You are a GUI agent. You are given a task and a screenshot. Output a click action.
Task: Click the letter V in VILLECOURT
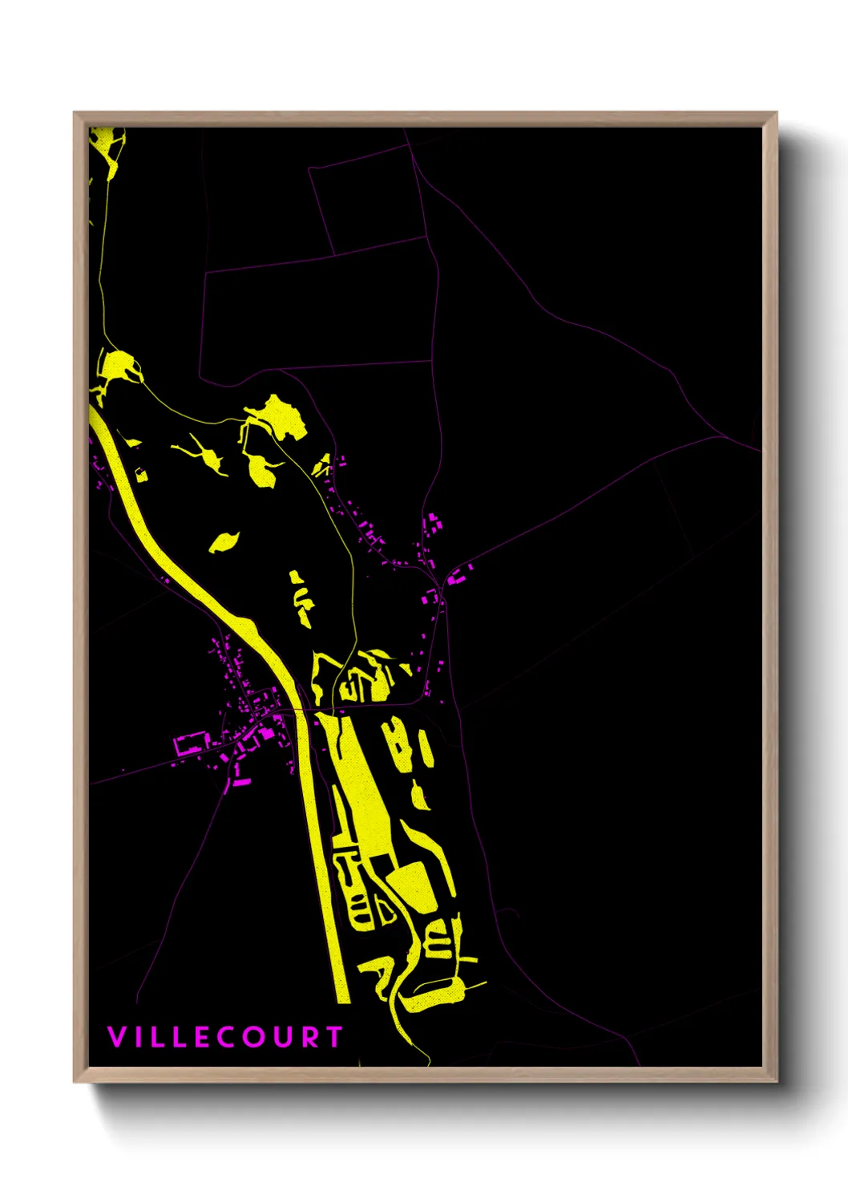(x=116, y=1037)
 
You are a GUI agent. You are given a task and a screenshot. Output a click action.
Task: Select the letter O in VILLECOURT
(x=253, y=1037)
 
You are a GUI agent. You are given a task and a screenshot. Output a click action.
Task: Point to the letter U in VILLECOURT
(x=281, y=1037)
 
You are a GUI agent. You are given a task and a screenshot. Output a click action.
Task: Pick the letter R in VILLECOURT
(x=308, y=1037)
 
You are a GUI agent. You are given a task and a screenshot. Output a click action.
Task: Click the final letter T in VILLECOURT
(x=333, y=1037)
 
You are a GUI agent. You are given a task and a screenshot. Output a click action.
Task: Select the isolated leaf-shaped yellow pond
(x=224, y=542)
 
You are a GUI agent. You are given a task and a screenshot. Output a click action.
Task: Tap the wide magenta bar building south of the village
(x=240, y=780)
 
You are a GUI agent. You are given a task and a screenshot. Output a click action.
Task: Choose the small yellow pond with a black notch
(x=140, y=474)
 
